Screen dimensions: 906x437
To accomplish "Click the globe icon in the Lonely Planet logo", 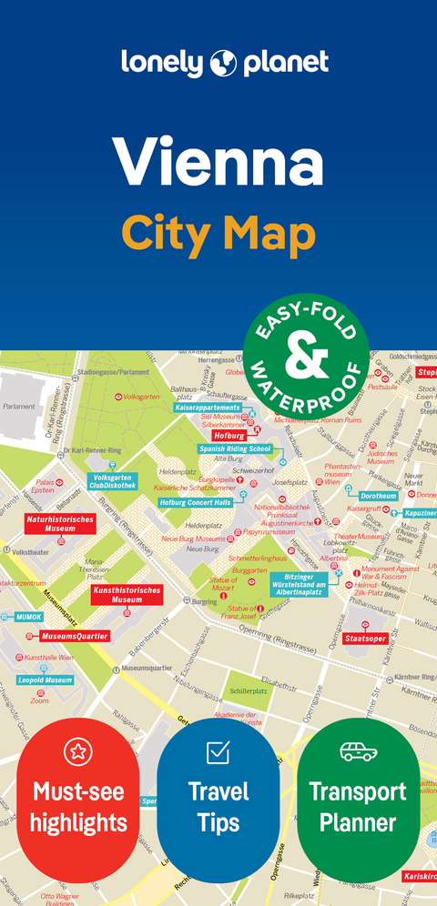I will click(223, 63).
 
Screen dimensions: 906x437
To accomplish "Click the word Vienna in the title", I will click(218, 161).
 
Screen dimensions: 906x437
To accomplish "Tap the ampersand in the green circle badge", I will click(306, 357).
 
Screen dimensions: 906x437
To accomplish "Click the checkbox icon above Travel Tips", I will click(218, 752).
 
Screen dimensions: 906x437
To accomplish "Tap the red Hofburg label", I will click(229, 436).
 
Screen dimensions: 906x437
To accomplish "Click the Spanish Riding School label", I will click(235, 449).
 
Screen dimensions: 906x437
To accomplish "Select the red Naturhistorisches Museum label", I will click(61, 523).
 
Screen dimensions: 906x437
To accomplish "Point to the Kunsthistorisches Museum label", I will click(127, 595).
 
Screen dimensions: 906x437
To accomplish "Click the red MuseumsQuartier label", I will click(75, 636).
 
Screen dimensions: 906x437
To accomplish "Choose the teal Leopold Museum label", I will click(45, 680).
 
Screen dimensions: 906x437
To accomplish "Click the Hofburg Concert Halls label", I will click(195, 502).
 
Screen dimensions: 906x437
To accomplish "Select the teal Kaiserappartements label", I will click(208, 408).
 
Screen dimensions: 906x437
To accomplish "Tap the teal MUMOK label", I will click(28, 617).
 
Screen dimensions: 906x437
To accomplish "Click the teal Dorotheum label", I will click(377, 496).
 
